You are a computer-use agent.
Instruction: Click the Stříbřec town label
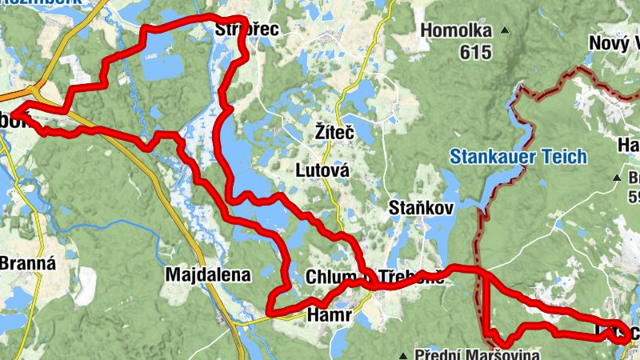click(247, 30)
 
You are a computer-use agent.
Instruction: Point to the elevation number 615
click(476, 52)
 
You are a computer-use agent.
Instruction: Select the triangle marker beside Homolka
click(506, 32)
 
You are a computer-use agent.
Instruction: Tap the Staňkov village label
click(421, 208)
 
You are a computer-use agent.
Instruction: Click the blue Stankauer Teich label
click(518, 157)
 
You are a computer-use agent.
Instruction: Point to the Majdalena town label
click(207, 275)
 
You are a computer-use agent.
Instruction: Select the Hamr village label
click(330, 316)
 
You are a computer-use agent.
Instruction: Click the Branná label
click(26, 262)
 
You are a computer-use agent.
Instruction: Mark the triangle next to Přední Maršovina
click(406, 354)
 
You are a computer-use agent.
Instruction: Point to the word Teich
click(563, 157)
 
